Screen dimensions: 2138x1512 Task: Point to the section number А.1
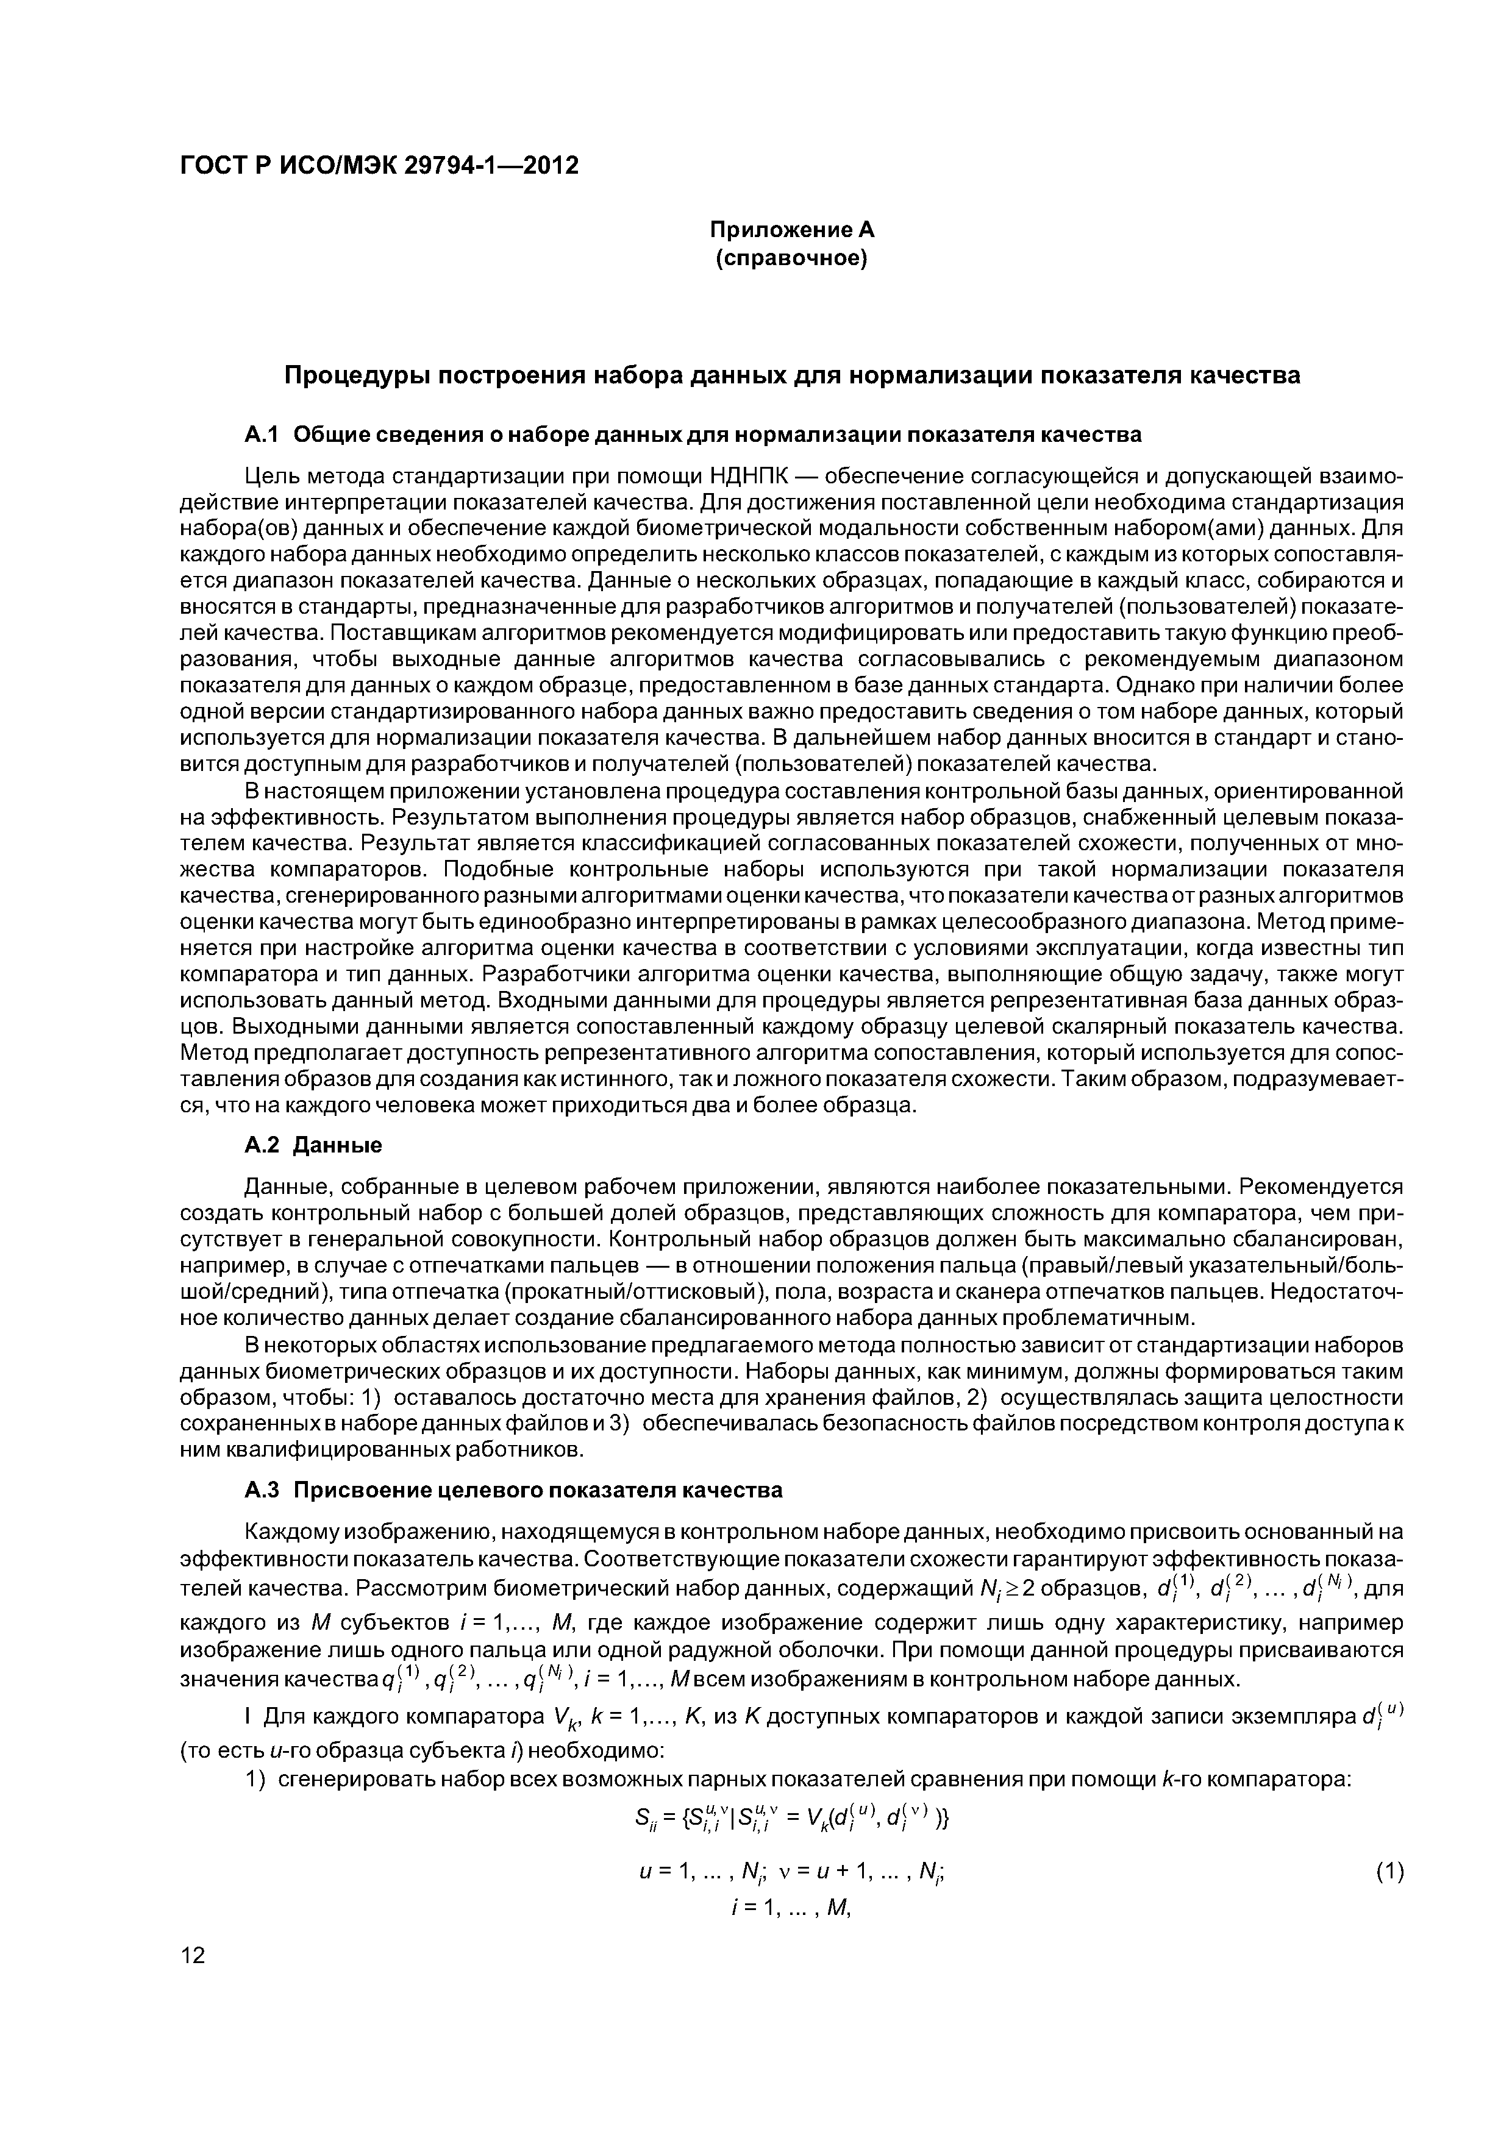[x=262, y=435]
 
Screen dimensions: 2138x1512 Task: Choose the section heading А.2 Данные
[x=313, y=1143]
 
